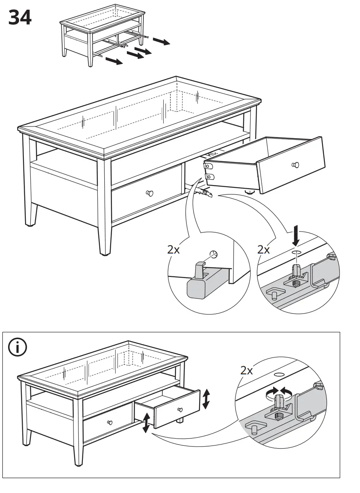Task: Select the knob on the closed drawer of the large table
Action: tap(150, 193)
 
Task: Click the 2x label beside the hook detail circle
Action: tap(174, 250)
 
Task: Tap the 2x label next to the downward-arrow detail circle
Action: tap(264, 250)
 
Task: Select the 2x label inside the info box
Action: tap(246, 370)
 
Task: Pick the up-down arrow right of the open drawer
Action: tap(206, 399)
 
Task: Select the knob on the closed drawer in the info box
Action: tap(109, 423)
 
